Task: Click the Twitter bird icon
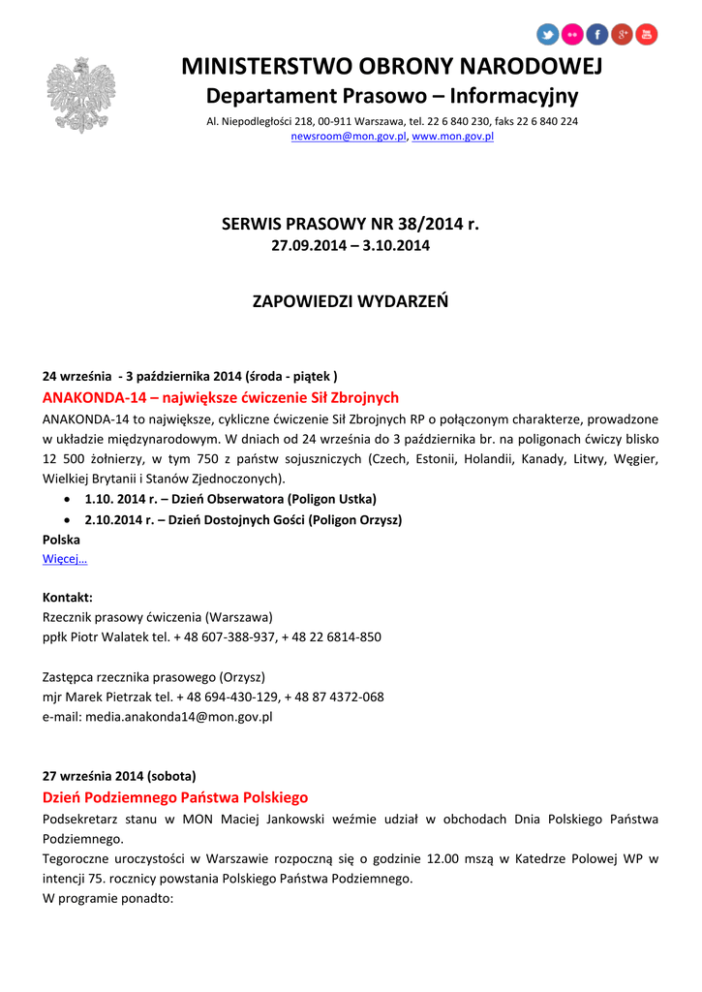point(548,36)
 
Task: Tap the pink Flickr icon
point(573,36)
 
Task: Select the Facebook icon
point(597,36)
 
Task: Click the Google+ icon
point(623,36)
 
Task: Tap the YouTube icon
point(647,36)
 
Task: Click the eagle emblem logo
point(81,94)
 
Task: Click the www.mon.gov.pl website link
point(453,138)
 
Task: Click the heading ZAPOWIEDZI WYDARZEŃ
point(351,301)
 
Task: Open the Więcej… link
point(65,559)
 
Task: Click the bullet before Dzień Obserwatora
point(65,499)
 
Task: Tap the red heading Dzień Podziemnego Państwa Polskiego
point(175,797)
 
